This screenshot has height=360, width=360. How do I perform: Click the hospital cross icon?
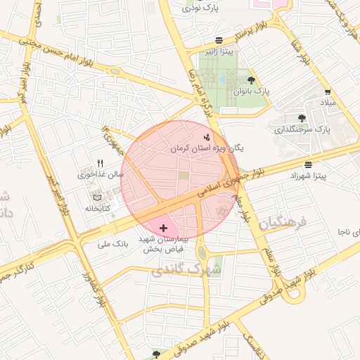[x=164, y=228]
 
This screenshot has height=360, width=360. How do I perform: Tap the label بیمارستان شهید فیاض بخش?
[x=164, y=244]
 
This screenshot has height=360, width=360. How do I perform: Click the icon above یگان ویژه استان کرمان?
[x=206, y=137]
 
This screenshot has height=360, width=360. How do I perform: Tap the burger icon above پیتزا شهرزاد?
[x=308, y=164]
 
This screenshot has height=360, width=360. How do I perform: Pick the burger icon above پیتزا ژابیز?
[x=220, y=40]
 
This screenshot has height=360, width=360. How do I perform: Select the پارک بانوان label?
[x=252, y=91]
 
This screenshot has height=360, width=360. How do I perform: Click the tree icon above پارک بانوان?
[x=251, y=80]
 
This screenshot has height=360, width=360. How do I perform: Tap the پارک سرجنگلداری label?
[x=302, y=129]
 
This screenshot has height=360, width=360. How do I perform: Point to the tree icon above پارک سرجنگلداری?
[x=302, y=118]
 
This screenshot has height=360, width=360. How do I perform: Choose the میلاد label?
[x=328, y=103]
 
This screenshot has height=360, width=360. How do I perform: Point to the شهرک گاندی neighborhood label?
[x=186, y=269]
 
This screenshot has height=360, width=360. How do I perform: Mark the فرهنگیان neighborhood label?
[x=283, y=224]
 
